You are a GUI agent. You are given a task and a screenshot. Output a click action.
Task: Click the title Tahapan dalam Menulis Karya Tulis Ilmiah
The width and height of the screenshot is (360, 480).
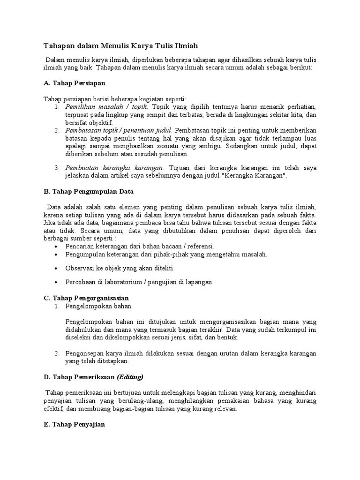tap(121, 46)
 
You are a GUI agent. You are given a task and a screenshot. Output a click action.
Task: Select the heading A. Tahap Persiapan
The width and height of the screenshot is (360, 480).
tap(74, 83)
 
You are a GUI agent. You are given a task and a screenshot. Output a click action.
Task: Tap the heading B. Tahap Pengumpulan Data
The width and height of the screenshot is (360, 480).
tap(89, 191)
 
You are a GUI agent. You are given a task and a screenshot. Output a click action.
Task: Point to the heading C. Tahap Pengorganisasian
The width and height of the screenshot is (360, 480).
tap(86, 298)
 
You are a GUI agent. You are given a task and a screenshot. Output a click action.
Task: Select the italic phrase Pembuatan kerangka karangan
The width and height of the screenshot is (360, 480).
tap(114, 168)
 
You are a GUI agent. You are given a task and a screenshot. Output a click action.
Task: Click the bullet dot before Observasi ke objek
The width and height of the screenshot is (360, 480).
tap(57, 269)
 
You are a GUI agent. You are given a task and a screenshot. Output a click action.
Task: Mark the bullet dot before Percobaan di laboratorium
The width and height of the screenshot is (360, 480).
tap(57, 283)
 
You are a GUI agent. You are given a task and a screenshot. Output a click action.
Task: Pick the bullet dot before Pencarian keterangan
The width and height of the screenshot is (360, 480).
tap(57, 247)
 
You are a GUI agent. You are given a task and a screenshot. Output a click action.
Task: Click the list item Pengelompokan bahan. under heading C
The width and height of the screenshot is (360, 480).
tap(99, 306)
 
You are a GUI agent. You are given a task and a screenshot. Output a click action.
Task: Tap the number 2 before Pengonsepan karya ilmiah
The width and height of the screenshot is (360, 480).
tap(57, 353)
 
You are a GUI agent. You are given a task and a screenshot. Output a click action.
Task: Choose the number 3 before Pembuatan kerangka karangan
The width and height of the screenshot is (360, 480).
tap(57, 168)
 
